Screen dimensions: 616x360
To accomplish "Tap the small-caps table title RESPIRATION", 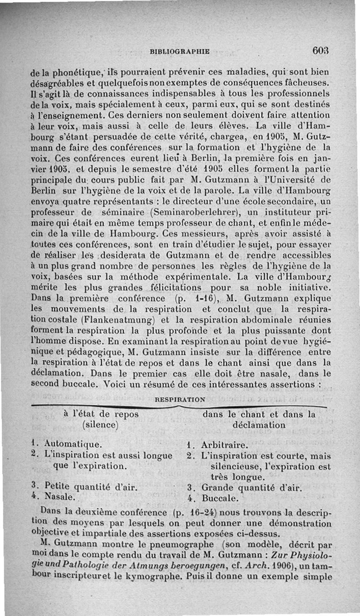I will coord(180,399).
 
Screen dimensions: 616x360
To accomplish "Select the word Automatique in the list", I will coord(73,444).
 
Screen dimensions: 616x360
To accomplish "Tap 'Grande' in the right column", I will coord(217,488).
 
